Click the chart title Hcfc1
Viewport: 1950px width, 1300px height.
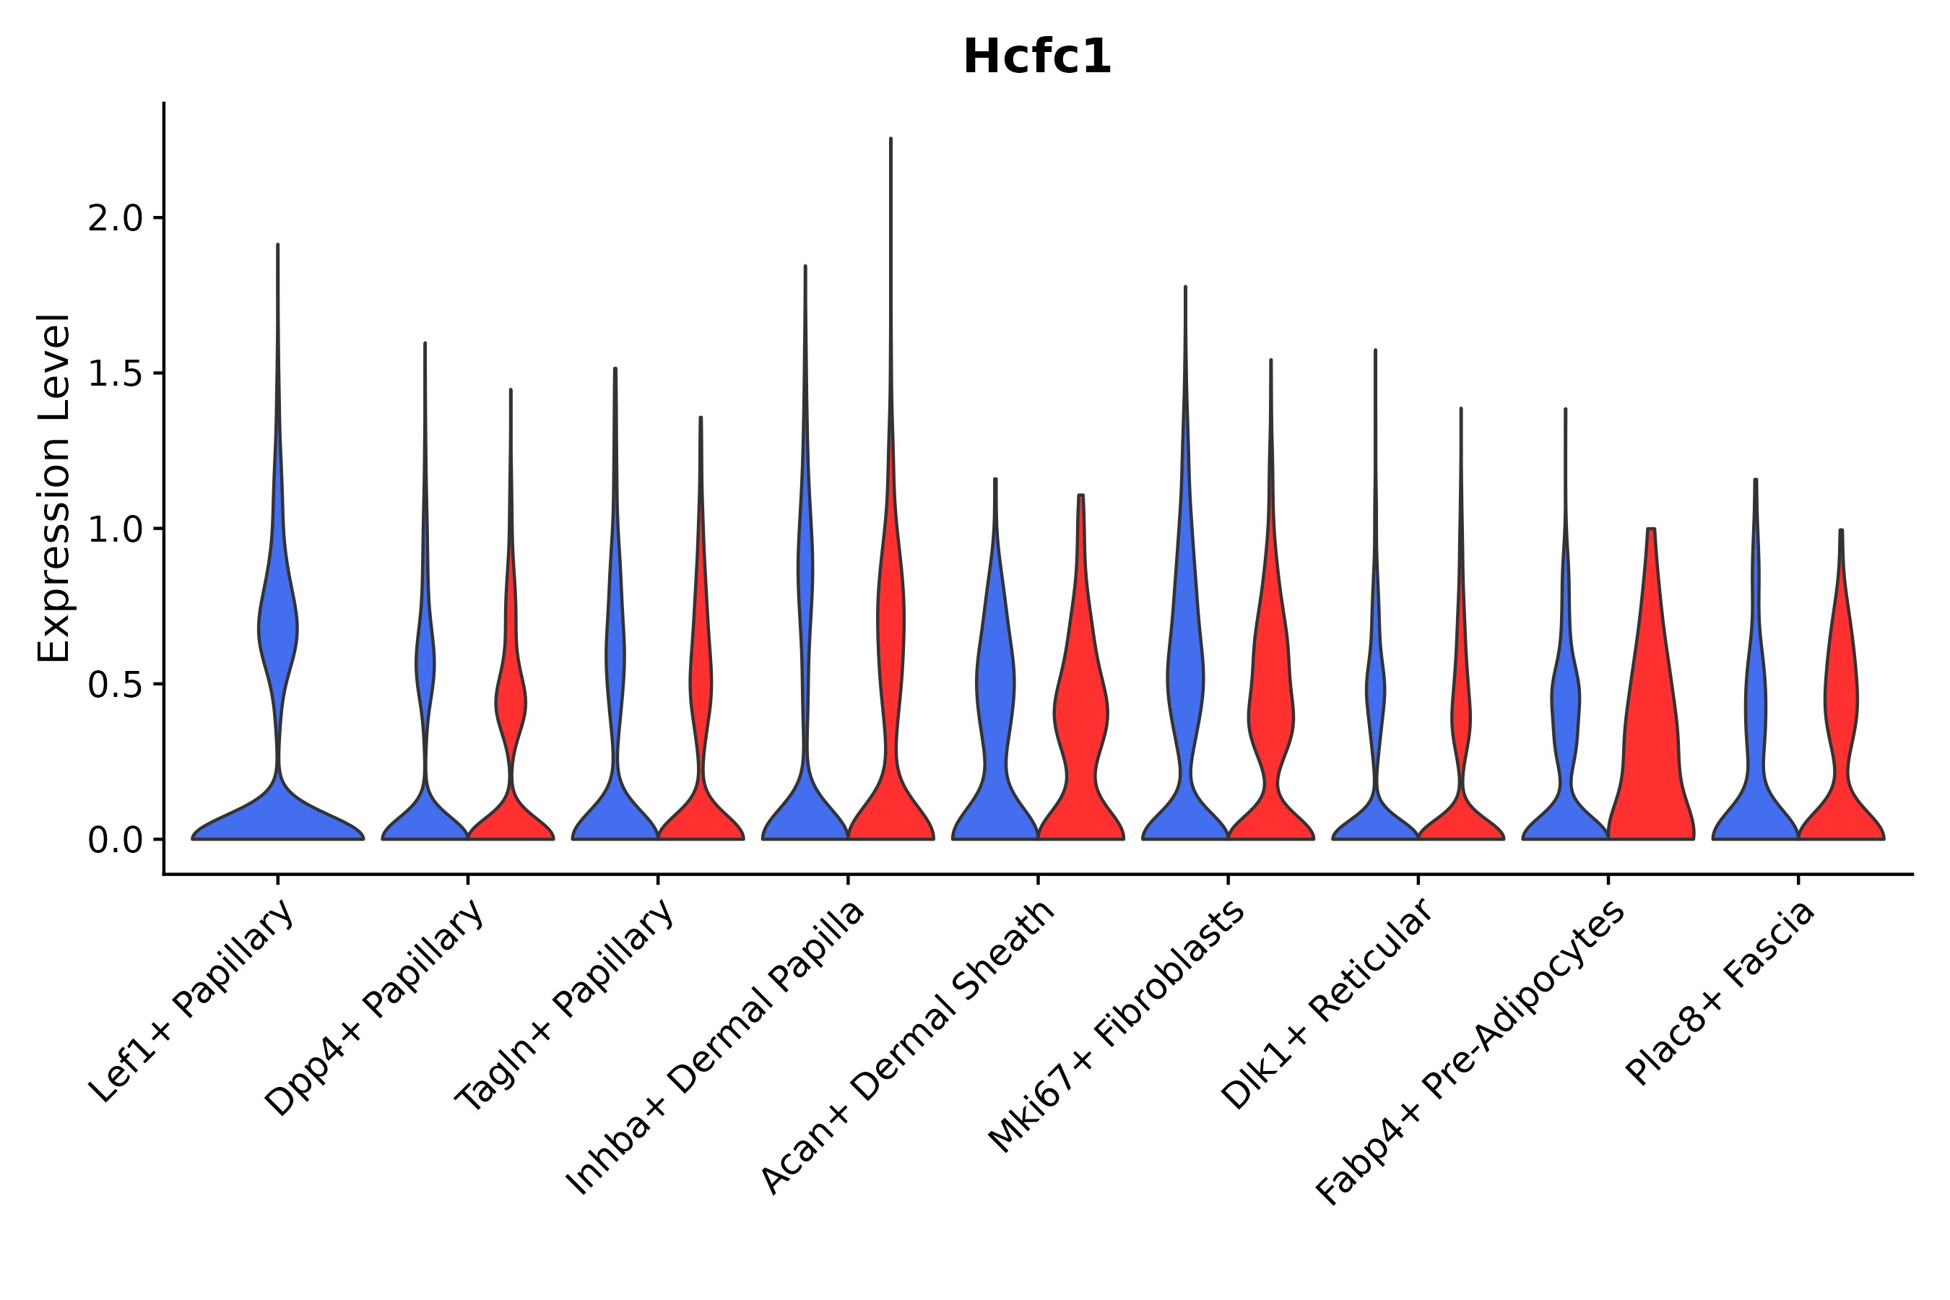coord(1036,58)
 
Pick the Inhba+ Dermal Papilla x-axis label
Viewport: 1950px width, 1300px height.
coord(716,1048)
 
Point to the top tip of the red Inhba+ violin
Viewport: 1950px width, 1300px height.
coord(890,139)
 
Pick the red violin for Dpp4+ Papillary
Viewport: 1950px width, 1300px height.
coord(511,705)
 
